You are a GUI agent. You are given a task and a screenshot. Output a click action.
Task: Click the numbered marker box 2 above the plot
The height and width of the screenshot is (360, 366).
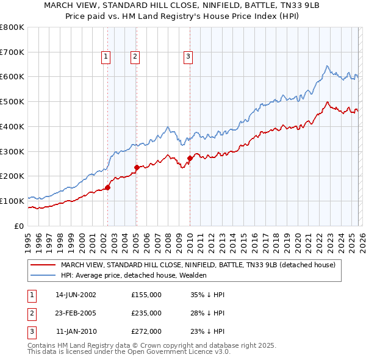(135, 57)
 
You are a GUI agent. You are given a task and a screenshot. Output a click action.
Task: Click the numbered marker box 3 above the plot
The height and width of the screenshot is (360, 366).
(188, 57)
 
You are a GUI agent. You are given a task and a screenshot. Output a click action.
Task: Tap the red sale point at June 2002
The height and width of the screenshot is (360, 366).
(107, 187)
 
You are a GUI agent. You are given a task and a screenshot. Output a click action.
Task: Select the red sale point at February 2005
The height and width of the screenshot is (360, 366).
(136, 167)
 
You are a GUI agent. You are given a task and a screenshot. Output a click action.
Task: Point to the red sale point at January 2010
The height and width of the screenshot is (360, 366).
(190, 158)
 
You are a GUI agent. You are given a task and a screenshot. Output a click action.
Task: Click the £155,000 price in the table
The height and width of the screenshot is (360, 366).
(146, 295)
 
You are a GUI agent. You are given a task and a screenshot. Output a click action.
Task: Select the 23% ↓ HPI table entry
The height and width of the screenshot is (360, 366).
(207, 331)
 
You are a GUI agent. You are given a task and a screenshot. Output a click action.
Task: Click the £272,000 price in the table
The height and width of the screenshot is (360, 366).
(146, 331)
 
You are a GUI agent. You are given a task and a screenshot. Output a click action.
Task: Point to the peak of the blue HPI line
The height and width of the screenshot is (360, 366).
(327, 65)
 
